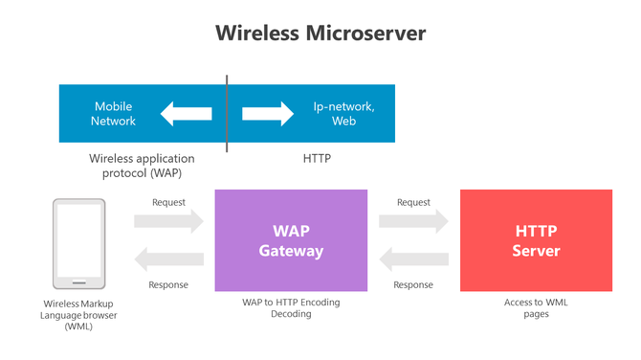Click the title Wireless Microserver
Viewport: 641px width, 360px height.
320,33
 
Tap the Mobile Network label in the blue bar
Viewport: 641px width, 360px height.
113,114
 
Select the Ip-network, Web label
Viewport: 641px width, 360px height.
343,114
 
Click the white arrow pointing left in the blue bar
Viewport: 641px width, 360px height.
186,114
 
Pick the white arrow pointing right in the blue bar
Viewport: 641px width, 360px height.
268,114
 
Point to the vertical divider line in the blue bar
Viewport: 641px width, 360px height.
227,114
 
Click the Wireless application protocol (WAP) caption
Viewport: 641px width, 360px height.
142,166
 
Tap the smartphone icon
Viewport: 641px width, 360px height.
78,243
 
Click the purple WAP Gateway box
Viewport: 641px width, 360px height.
291,240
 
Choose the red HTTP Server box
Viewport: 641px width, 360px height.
536,240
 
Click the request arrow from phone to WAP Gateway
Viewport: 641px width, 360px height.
168,221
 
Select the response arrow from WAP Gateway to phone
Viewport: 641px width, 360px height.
168,259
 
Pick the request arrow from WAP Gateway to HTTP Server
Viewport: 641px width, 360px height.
413,221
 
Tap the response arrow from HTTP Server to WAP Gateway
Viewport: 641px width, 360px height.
413,259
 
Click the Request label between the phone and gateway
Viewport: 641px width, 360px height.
168,202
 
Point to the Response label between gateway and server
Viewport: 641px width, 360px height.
413,284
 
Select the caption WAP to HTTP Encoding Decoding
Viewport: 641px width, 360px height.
291,307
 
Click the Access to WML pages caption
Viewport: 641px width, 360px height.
536,307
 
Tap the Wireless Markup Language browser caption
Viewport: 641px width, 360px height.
78,314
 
